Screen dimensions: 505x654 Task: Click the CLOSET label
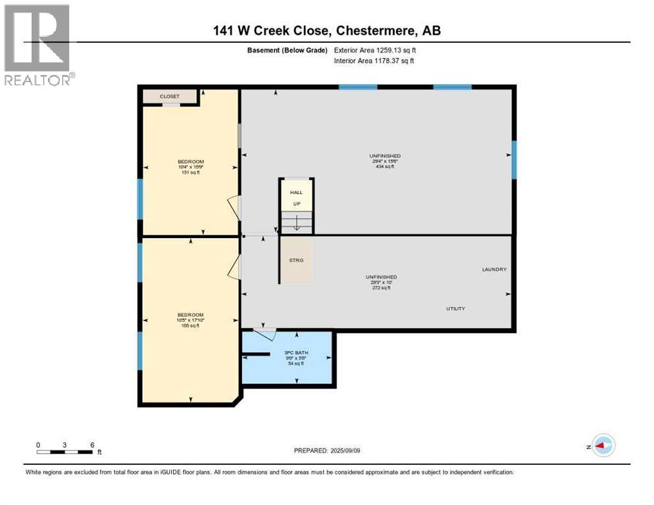point(169,97)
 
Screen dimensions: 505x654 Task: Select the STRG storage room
point(296,260)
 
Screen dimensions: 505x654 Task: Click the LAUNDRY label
point(494,270)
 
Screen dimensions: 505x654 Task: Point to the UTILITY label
point(456,308)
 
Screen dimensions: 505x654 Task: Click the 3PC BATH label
point(296,353)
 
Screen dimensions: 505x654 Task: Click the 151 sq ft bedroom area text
point(190,173)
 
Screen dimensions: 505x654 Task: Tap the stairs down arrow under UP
point(296,224)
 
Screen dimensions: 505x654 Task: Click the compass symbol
point(603,445)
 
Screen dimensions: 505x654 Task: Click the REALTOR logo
point(38,45)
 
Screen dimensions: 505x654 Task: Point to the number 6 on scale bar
point(91,445)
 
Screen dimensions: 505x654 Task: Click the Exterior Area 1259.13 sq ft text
point(374,50)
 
